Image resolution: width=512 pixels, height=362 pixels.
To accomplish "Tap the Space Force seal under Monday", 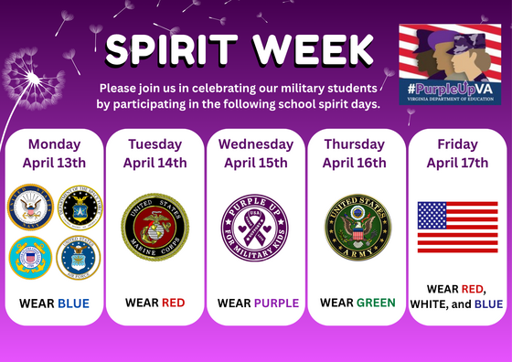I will click(80, 208).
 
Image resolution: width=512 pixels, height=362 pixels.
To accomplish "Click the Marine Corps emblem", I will click(154, 227).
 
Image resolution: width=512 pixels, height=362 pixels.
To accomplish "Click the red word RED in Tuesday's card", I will click(173, 303).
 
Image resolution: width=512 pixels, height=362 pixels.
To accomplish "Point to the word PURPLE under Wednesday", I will click(276, 303).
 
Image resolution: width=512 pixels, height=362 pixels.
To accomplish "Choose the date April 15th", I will click(255, 163).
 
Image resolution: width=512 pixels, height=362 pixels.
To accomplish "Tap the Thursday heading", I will click(357, 144).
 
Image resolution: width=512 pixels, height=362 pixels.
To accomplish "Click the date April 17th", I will click(457, 163).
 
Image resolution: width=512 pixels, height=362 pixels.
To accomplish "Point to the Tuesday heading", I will click(155, 144).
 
